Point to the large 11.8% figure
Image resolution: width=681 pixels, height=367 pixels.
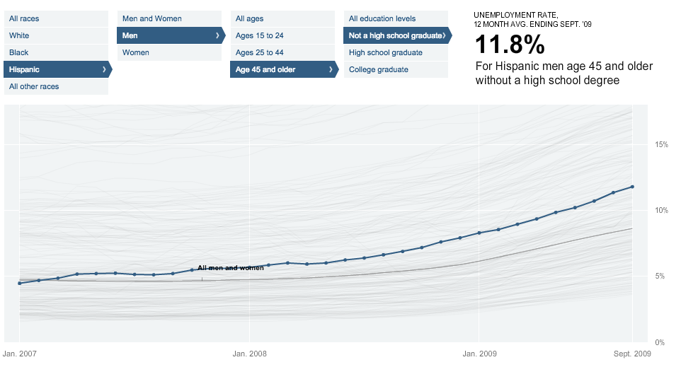pyautogui.click(x=509, y=46)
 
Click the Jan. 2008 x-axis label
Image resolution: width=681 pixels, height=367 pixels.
pyautogui.click(x=249, y=353)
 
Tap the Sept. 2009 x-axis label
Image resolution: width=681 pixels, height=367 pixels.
pyautogui.click(x=631, y=353)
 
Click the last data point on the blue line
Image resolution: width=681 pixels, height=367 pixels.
pyautogui.click(x=632, y=187)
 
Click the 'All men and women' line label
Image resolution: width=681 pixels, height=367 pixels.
pyautogui.click(x=230, y=268)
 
